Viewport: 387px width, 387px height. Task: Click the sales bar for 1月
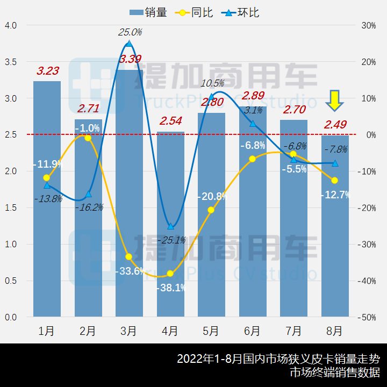[x=47, y=199]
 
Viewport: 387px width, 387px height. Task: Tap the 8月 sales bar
[x=335, y=226]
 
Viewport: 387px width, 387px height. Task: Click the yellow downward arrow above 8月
[x=335, y=100]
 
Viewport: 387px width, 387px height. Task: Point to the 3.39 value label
[x=131, y=59]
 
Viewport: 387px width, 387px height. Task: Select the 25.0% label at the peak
[x=130, y=32]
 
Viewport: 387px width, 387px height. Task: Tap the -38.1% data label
[x=171, y=288]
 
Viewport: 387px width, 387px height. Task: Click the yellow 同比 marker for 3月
[x=128, y=257]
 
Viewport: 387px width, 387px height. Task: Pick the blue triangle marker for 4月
[x=170, y=226]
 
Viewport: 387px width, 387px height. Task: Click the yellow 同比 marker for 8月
[x=335, y=181]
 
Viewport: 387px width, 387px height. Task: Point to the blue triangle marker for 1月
[x=47, y=185]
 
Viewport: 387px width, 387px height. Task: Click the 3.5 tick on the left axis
[x=11, y=62]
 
